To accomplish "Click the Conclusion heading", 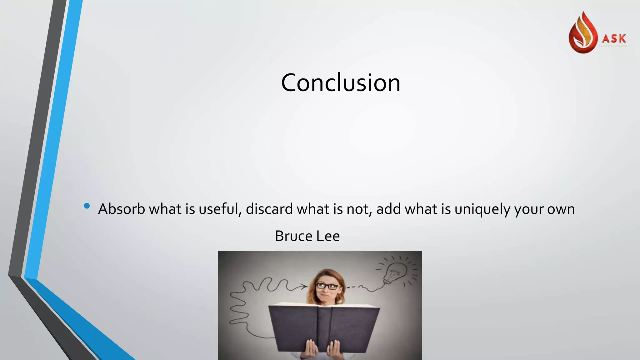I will tap(341, 83).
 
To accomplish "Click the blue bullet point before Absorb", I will tap(87, 206).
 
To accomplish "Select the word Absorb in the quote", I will tap(122, 209).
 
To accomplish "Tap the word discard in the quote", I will tap(269, 209).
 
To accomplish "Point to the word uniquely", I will tap(482, 209).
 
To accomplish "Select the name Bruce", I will tap(293, 236).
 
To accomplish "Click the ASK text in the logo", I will tap(614, 39).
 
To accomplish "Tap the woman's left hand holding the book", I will tap(334, 350).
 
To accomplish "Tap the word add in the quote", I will tap(388, 209).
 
